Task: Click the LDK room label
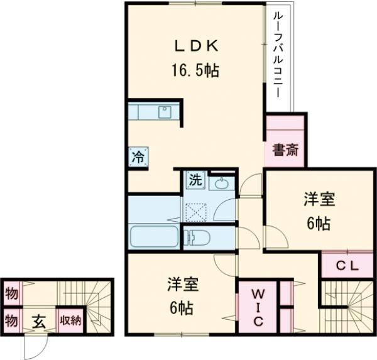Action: click(x=195, y=46)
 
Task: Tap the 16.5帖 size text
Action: click(x=195, y=70)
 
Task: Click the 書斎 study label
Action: click(x=285, y=150)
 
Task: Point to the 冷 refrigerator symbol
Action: click(x=137, y=157)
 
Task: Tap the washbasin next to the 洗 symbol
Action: click(x=221, y=183)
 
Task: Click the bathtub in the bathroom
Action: click(x=153, y=237)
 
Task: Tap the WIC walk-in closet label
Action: click(x=259, y=308)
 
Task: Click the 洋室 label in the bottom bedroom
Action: click(x=182, y=285)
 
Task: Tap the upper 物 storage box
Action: click(x=11, y=293)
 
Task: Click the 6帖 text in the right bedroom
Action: click(x=319, y=224)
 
